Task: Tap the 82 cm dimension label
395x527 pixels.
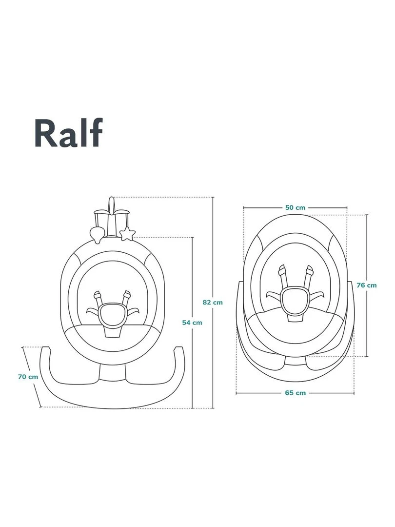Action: click(x=213, y=302)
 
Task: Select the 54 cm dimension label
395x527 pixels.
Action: click(x=192, y=322)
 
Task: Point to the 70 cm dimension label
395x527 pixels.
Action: click(x=28, y=376)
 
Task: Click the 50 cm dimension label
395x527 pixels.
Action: click(x=295, y=207)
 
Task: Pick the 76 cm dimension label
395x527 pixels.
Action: click(x=367, y=285)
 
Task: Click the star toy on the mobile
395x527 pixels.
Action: click(x=128, y=233)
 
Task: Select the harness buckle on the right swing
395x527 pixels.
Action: click(x=295, y=299)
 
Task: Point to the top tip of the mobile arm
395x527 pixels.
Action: click(x=112, y=199)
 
